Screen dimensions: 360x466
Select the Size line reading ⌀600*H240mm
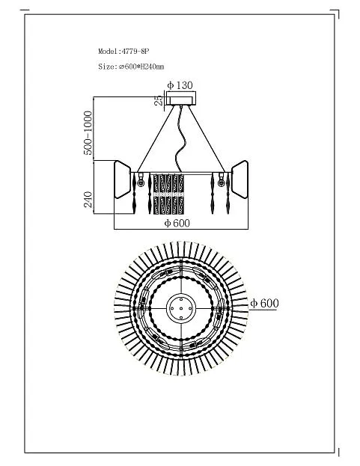pos(131,67)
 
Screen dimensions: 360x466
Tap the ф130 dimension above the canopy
pos(180,85)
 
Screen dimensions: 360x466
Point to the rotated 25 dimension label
pos(159,100)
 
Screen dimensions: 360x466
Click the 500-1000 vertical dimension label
pos(88,133)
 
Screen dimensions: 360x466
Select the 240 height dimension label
pos(88,200)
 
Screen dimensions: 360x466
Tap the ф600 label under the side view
pos(177,223)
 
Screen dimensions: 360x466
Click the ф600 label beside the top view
pos(265,304)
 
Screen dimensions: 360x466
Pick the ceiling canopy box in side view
pos(181,99)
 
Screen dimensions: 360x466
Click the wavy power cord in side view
pos(180,140)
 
